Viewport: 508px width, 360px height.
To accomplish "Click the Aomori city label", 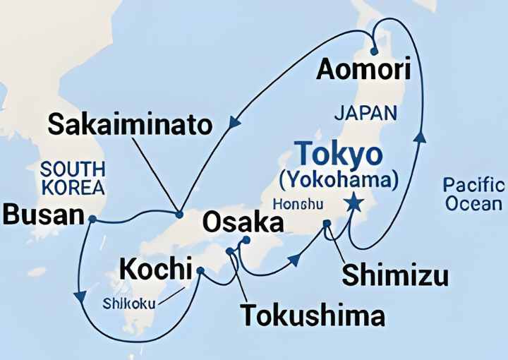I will pyautogui.click(x=363, y=70).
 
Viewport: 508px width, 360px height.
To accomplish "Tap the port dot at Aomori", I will pyautogui.click(x=374, y=50).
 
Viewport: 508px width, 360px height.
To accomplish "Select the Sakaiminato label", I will pyautogui.click(x=130, y=126).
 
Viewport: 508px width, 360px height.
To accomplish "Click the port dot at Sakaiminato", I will pyautogui.click(x=179, y=214).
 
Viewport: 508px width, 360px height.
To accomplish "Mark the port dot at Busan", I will pyautogui.click(x=92, y=219).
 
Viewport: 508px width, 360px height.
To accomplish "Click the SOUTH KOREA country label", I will pyautogui.click(x=73, y=179).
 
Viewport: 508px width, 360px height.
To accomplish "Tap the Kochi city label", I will pyautogui.click(x=156, y=269).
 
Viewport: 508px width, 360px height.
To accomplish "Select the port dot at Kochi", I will pyautogui.click(x=200, y=270).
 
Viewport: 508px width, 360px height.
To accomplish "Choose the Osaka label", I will pyautogui.click(x=243, y=223).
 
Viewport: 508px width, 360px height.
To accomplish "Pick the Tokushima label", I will pyautogui.click(x=313, y=315).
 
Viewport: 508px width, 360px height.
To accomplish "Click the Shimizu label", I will pyautogui.click(x=394, y=275).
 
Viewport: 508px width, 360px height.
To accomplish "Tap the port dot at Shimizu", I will pyautogui.click(x=327, y=224).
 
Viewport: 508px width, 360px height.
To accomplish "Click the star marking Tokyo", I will pyautogui.click(x=353, y=203).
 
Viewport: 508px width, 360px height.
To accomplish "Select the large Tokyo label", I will pyautogui.click(x=339, y=154).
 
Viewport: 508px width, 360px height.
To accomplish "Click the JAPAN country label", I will pyautogui.click(x=365, y=112).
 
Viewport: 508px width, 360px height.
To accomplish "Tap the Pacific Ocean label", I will pyautogui.click(x=473, y=194).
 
